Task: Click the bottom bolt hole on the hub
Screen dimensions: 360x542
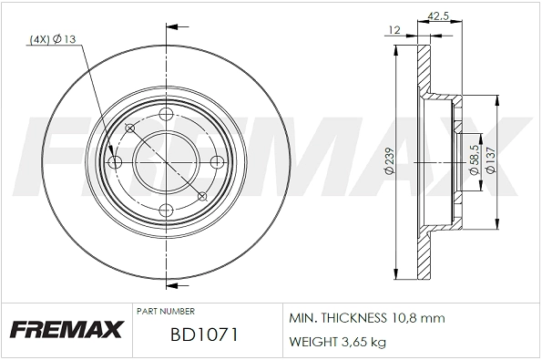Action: pos(166,211)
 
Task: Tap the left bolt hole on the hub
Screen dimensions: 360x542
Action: pos(116,162)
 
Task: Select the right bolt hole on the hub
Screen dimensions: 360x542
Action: pos(216,162)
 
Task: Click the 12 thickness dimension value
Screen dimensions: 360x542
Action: pos(394,30)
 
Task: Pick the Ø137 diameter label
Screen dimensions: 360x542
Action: pos(490,159)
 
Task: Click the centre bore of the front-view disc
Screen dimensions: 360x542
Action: pos(166,162)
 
